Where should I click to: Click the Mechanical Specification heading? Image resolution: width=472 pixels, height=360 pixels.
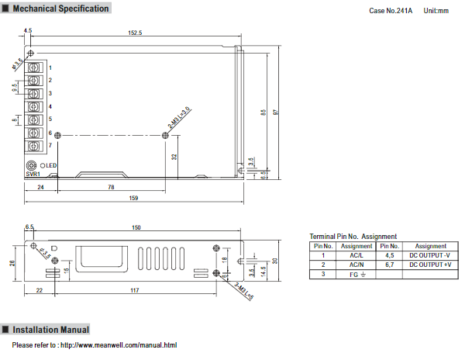(59, 9)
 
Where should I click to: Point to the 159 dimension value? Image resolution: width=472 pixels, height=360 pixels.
(133, 199)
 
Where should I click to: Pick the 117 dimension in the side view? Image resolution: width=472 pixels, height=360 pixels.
(134, 290)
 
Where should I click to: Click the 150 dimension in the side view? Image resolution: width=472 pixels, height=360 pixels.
(136, 227)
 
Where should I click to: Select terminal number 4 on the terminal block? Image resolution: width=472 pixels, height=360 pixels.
(50, 106)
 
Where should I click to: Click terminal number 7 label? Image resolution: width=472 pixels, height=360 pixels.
(50, 145)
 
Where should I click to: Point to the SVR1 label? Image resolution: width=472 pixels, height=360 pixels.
(33, 175)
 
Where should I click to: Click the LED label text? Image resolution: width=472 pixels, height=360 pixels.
(50, 165)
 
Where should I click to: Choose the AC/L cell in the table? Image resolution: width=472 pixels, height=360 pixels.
(356, 255)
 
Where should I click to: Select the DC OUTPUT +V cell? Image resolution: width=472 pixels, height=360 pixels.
(430, 265)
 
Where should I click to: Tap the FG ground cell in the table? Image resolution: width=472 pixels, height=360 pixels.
(357, 275)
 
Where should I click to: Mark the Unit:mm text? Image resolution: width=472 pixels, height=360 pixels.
(436, 9)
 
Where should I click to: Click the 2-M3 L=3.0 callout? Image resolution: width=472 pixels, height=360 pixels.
(179, 118)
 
